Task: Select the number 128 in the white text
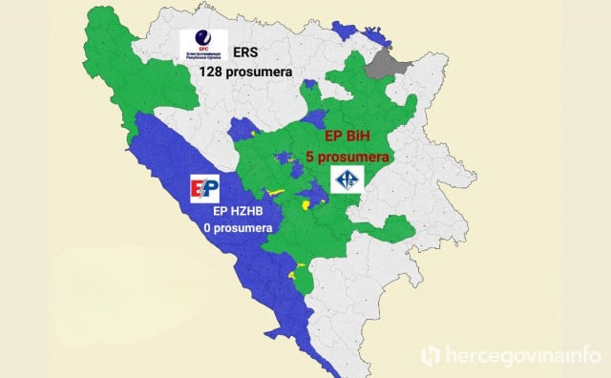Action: [x=213, y=72]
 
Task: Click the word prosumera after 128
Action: [x=263, y=72]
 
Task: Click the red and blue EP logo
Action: [x=207, y=188]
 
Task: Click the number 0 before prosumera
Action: [x=207, y=229]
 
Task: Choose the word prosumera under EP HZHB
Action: [x=244, y=229]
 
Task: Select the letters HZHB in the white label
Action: [x=253, y=212]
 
